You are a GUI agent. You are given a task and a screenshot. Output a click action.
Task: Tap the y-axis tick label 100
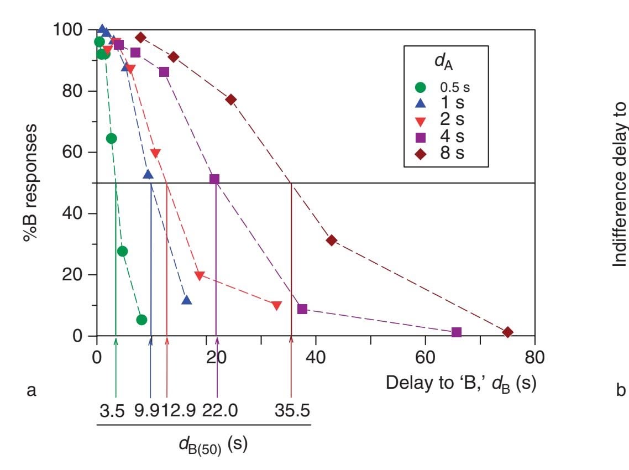coord(71,29)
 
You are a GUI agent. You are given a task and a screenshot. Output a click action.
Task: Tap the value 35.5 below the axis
coord(291,412)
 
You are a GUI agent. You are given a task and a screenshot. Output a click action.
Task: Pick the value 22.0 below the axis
coord(218,412)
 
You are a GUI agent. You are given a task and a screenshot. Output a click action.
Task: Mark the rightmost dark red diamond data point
coord(508,332)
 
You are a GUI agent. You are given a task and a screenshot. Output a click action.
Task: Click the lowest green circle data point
coord(141,320)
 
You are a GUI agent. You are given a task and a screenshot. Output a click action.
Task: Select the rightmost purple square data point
coord(457,332)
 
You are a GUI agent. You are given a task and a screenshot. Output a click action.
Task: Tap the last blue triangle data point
coord(187,300)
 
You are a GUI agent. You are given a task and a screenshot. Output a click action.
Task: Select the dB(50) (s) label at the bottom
coord(203,446)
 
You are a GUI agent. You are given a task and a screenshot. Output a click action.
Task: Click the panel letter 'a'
coord(32,391)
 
